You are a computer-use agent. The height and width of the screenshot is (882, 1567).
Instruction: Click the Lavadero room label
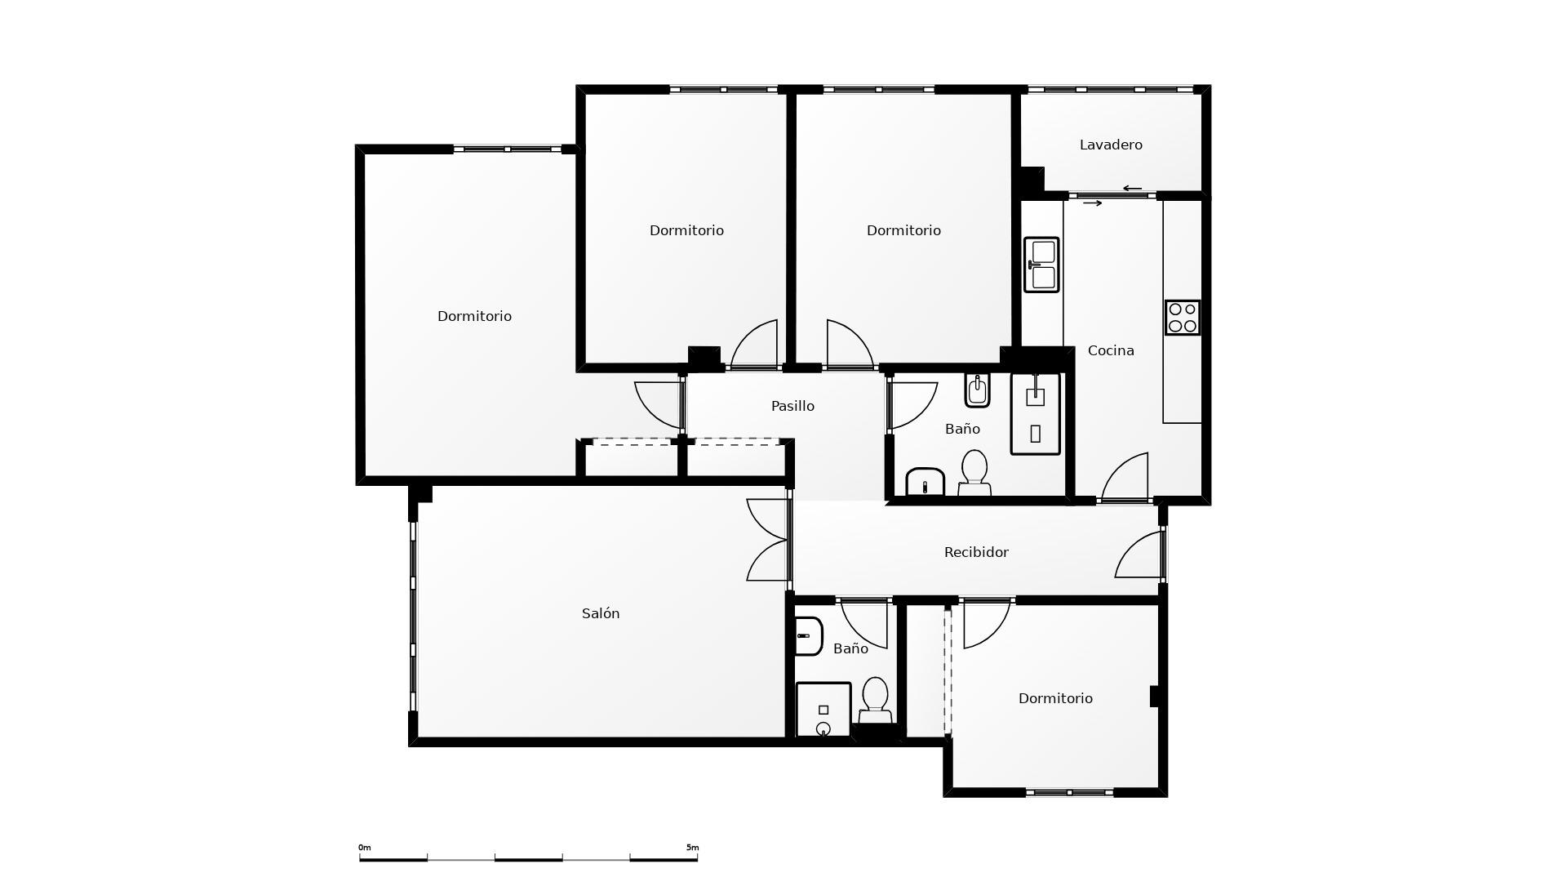1111,145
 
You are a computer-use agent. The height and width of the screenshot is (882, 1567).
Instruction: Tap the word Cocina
1111,350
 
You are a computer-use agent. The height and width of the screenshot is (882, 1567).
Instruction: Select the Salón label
601,613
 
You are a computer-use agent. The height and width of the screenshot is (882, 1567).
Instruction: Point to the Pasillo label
792,406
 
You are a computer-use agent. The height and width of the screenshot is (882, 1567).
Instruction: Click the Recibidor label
976,552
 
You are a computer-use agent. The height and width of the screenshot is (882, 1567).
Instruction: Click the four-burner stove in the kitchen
1183,317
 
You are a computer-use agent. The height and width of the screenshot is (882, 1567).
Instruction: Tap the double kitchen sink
1041,265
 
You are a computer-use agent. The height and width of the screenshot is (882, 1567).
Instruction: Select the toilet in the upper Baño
974,473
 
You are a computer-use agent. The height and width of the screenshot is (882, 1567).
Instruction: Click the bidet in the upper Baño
977,390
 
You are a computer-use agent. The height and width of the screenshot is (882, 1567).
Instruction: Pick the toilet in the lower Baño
875,701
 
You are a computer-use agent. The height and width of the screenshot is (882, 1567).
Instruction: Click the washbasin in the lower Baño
808,636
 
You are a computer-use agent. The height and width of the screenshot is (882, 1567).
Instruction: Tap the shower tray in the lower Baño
823,710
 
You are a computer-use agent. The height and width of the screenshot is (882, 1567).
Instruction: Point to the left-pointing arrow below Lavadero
1132,189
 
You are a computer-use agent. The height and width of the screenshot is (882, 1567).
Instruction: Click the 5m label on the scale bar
692,848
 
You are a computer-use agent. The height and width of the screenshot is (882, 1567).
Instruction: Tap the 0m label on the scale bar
365,848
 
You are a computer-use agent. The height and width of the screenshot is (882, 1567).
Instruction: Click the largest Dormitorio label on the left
474,316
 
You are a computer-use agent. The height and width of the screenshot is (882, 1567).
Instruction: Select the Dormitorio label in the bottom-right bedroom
1055,698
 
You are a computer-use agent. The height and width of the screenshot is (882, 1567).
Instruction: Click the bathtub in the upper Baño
1036,414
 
